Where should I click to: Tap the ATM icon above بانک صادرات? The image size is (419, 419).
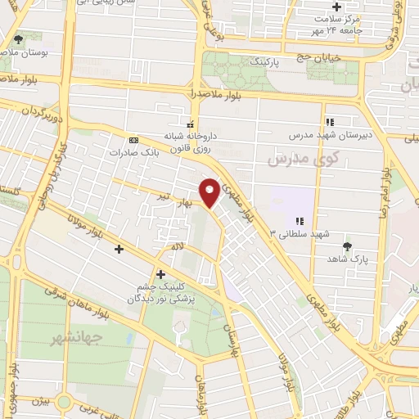[x=134, y=137]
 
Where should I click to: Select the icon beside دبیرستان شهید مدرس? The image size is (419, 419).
[x=331, y=121]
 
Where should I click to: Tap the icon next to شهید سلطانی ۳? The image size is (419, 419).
[x=300, y=221]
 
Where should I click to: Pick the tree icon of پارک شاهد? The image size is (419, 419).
[x=348, y=245]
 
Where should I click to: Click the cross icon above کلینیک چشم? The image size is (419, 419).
[x=160, y=273]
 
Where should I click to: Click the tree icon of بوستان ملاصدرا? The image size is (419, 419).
[x=18, y=38]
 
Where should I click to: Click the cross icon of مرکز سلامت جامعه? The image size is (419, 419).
[x=337, y=7]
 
